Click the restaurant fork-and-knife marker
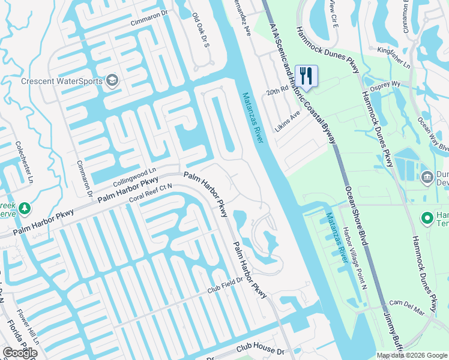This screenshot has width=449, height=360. point(306,76)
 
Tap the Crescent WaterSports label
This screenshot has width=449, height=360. point(61,81)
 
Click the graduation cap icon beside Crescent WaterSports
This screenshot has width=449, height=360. point(112,81)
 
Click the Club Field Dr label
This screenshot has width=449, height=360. point(224,288)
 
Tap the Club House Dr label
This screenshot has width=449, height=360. point(260,350)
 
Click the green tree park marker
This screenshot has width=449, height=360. point(25,208)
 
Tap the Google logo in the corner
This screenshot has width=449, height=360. point(20,353)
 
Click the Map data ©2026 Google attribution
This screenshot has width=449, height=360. point(411,355)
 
